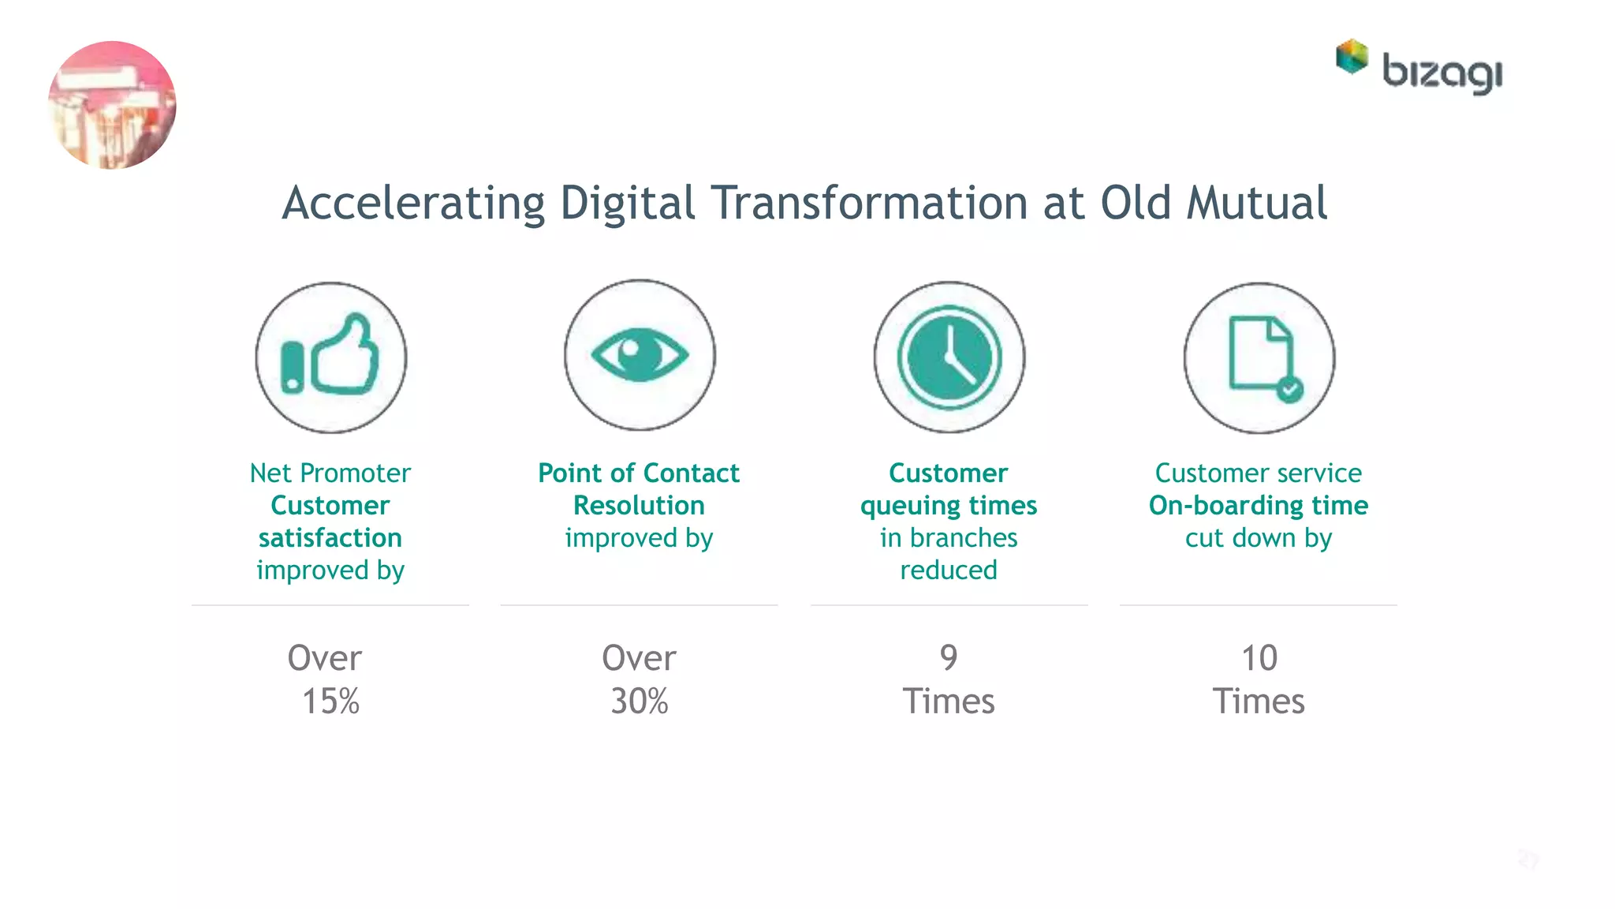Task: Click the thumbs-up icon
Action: coord(330,356)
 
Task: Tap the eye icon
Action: coord(640,355)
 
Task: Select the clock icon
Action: coord(949,357)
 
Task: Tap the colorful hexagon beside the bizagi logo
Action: coord(1352,57)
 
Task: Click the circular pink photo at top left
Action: coord(112,105)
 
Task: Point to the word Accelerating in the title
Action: coord(413,204)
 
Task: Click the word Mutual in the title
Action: coord(1257,203)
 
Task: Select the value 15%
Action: coord(330,701)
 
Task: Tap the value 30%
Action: coord(640,701)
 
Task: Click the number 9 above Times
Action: coord(949,657)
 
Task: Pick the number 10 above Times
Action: coord(1259,657)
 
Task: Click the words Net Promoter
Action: coord(330,473)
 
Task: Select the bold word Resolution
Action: coord(639,505)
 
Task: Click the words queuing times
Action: coord(949,506)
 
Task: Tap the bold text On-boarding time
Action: coord(1259,505)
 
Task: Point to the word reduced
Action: coord(949,570)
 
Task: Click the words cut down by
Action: coord(1259,538)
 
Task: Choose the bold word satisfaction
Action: coord(330,537)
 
